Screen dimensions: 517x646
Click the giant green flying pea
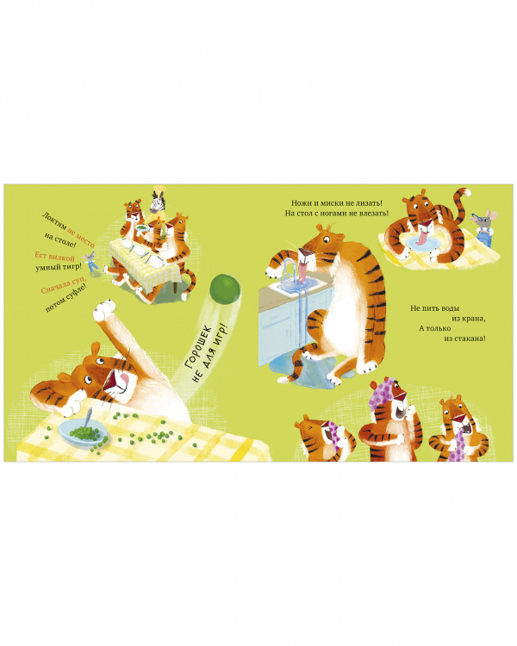click(225, 289)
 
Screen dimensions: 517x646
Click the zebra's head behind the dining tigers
click(156, 201)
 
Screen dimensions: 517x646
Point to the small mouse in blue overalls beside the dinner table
click(90, 262)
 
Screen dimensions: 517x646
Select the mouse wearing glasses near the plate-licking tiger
click(484, 227)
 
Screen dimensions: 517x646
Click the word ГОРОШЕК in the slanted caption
click(198, 346)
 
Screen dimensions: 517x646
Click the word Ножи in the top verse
click(301, 203)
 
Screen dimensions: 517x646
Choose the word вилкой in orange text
click(62, 258)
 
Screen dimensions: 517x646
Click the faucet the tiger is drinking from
click(291, 268)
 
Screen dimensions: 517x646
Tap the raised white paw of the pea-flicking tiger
click(104, 311)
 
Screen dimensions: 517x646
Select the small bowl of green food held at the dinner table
click(141, 227)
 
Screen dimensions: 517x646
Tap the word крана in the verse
click(474, 319)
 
